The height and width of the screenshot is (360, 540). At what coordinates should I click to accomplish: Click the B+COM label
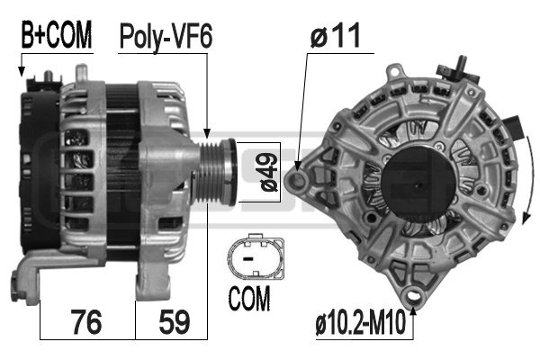tap(57, 35)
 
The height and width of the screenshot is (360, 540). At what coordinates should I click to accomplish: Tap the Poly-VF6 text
tap(166, 37)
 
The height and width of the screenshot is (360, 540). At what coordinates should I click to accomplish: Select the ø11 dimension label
tap(336, 35)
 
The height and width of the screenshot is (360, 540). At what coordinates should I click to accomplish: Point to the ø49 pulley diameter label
tap(269, 172)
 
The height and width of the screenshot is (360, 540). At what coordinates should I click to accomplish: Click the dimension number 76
tap(87, 322)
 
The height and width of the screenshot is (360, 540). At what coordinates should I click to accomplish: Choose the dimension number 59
tap(175, 322)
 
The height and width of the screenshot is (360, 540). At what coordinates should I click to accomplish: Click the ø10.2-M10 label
tap(361, 323)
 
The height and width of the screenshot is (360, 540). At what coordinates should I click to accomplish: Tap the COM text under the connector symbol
tap(249, 298)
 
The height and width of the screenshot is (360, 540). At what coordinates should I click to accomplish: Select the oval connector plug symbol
tap(256, 256)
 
